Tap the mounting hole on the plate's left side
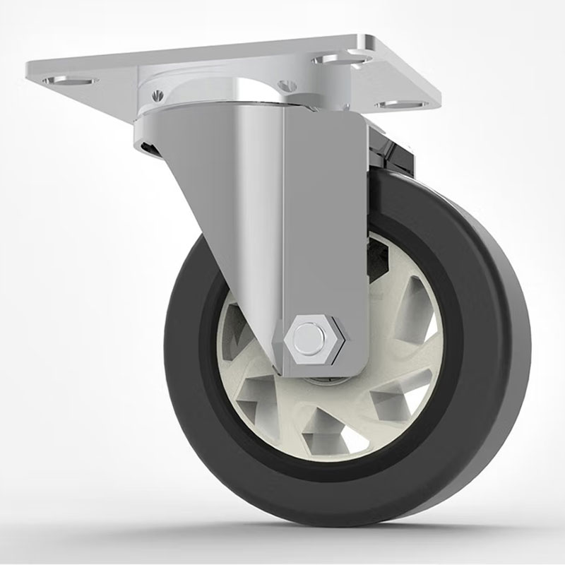(70, 81)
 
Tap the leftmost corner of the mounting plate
(28, 71)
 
